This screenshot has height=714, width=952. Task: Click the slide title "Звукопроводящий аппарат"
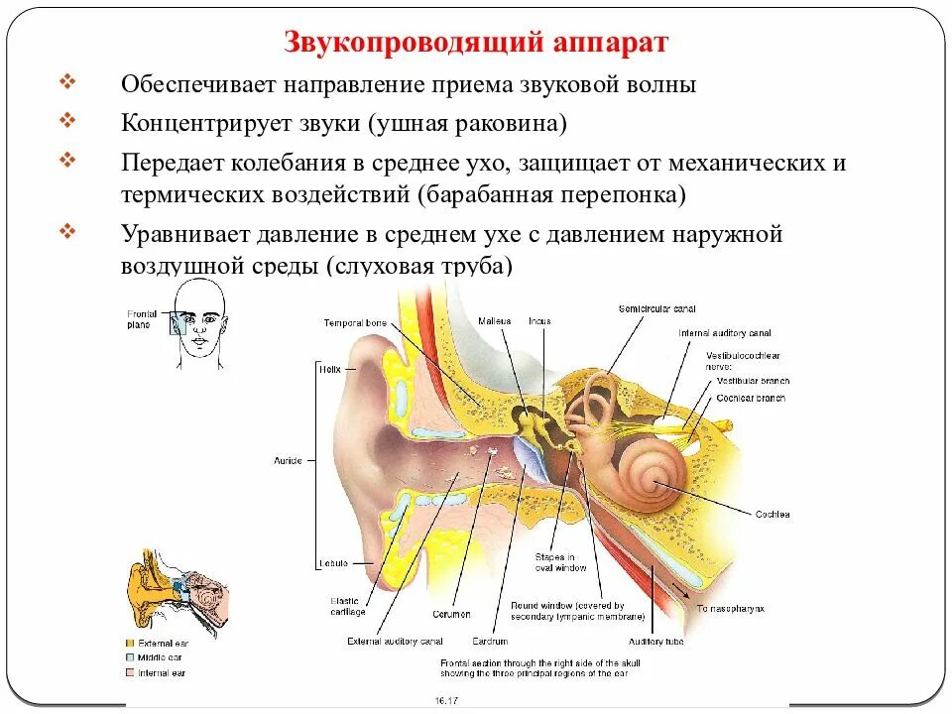tap(476, 43)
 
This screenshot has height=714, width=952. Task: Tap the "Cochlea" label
tap(771, 515)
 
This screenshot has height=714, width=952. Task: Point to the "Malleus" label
tap(493, 321)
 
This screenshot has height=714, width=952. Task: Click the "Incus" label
tap(539, 321)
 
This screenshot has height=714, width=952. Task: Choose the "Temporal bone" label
tap(353, 323)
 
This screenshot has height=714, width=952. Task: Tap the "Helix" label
tap(329, 369)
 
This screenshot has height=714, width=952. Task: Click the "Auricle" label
tap(289, 461)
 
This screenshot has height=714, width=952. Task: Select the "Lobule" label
tap(332, 563)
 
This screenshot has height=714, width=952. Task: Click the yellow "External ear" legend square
tap(130, 643)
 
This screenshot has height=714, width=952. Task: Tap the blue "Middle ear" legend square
tap(130, 657)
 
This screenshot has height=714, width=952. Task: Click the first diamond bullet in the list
tap(66, 81)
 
